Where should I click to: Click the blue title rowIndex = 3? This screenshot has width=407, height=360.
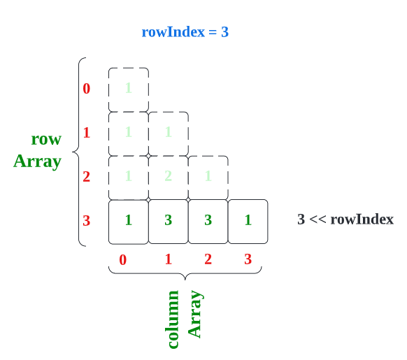[185, 32]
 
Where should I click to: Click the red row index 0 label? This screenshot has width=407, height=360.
[87, 89]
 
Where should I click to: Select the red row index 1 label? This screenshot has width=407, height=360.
[87, 133]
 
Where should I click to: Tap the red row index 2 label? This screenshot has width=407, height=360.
[87, 176]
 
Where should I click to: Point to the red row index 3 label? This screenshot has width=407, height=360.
[87, 221]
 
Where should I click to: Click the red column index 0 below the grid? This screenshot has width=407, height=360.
[123, 260]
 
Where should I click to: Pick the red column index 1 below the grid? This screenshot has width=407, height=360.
[168, 259]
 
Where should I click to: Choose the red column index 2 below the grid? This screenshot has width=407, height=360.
[208, 259]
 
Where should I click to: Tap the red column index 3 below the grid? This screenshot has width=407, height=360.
[248, 259]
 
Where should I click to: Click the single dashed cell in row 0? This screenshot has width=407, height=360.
[129, 89]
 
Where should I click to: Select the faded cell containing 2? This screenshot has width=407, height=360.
[169, 176]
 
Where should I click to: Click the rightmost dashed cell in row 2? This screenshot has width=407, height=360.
[208, 176]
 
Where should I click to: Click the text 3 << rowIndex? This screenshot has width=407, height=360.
[345, 219]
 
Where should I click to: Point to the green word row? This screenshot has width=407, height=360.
[46, 139]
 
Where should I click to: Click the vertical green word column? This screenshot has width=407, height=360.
[173, 319]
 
